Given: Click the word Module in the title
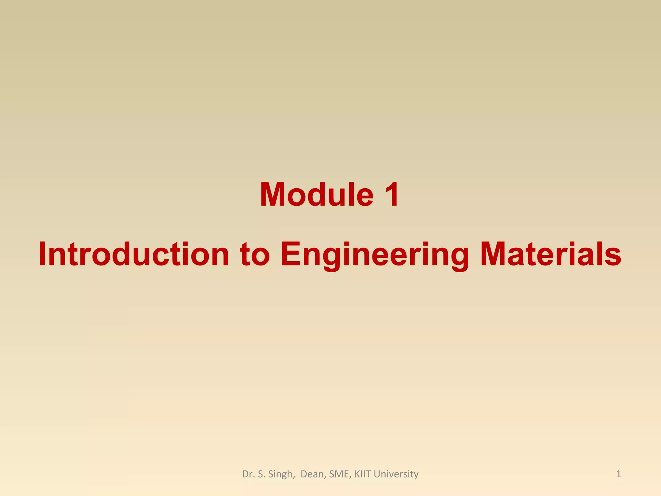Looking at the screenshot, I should [316, 195].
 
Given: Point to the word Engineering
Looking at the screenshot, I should [375, 255].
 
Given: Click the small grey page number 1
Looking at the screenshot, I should [618, 474].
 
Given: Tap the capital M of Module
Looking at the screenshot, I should [273, 195].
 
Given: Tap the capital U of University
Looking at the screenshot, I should [377, 474].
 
